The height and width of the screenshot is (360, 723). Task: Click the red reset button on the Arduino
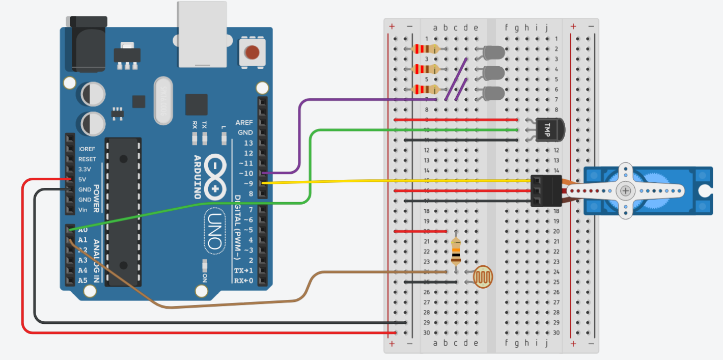[x=252, y=52]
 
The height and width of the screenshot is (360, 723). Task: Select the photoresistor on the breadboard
[x=483, y=276]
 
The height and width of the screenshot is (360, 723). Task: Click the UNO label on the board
[x=214, y=232]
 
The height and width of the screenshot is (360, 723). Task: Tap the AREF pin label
[x=244, y=123]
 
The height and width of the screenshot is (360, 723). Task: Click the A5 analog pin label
[x=82, y=281]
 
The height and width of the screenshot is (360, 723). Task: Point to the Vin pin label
[x=84, y=210]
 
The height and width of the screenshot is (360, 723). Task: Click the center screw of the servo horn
[x=625, y=190]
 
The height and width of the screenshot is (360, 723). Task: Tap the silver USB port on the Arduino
[x=202, y=34]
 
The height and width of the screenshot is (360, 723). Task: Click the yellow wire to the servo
[x=397, y=181]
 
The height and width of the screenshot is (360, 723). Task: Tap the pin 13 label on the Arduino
[x=248, y=143]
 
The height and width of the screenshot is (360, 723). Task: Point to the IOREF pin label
[x=87, y=149]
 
